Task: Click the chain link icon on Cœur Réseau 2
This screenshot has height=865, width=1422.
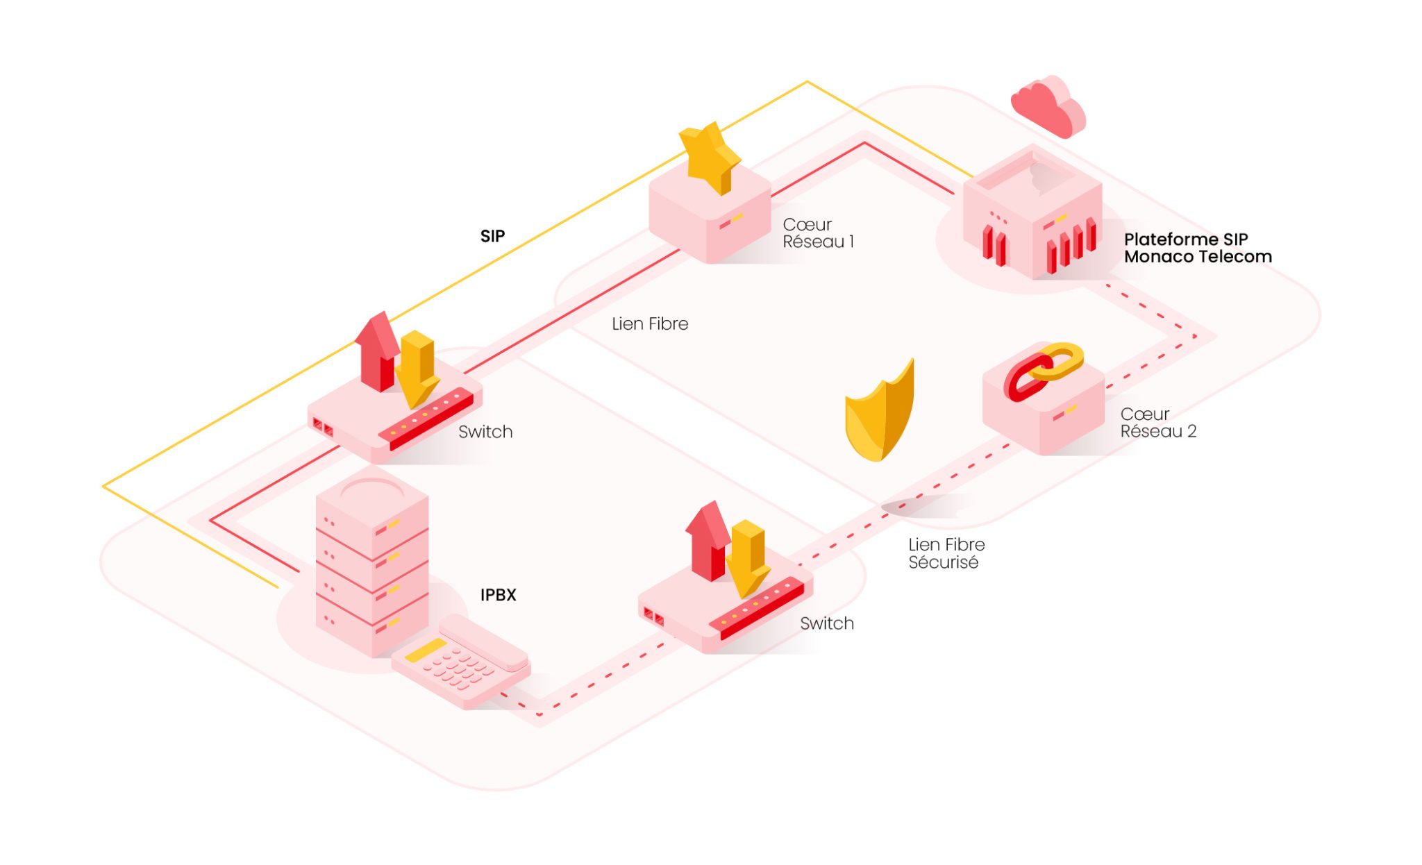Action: pos(1042,371)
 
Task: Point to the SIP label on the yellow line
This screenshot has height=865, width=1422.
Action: pos(492,236)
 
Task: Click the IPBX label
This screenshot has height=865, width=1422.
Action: pos(498,595)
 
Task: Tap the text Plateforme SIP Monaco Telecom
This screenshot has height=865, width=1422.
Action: pos(1197,248)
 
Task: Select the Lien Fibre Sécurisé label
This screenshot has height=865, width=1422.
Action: pos(946,553)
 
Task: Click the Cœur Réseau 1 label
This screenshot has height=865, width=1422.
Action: pos(817,233)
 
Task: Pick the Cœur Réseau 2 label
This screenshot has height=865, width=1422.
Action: pos(1157,423)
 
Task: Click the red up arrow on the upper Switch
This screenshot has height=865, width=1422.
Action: pos(377,351)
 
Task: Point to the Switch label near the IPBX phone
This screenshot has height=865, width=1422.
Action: pos(826,623)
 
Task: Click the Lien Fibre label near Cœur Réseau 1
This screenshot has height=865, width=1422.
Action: pos(649,324)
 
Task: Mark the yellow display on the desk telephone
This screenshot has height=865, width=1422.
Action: pos(425,650)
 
